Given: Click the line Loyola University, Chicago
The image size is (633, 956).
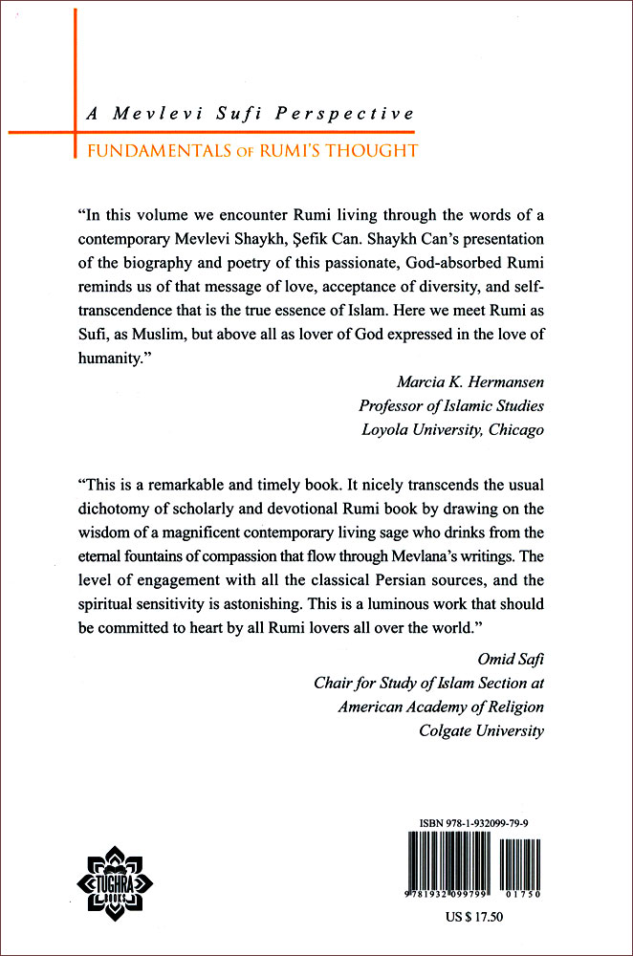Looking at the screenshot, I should (452, 429).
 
